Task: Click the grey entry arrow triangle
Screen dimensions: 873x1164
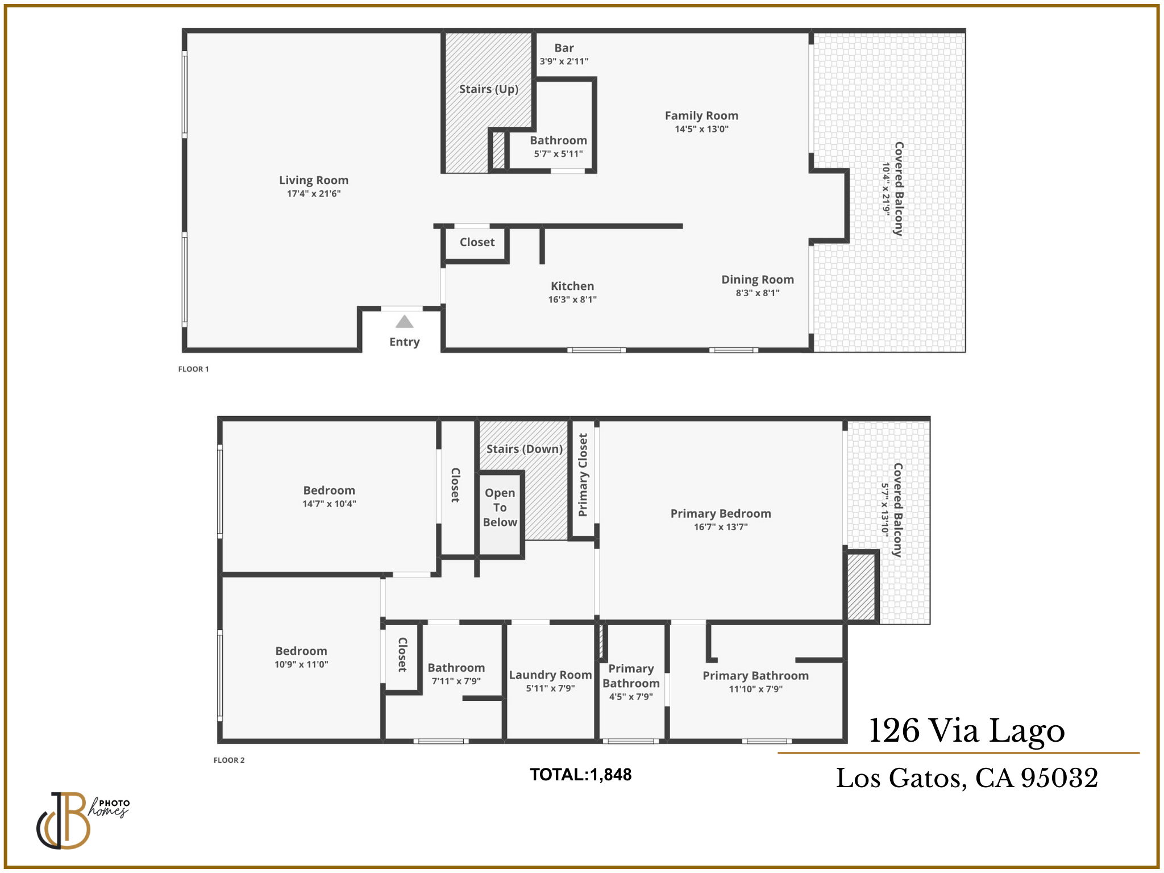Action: (404, 322)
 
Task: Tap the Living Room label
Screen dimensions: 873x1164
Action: (313, 180)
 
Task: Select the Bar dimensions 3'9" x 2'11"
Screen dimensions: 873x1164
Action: (564, 61)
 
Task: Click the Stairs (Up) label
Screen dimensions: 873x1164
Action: (488, 89)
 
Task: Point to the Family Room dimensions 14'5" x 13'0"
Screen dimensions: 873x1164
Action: (701, 129)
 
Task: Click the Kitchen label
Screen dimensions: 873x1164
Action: (572, 286)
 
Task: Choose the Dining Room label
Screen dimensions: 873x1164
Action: (757, 280)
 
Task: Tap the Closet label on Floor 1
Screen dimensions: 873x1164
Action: (477, 242)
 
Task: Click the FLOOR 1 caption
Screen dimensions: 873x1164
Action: (193, 369)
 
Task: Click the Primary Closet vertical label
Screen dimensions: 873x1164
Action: (583, 475)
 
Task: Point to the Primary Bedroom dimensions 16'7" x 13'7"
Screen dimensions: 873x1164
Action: (720, 527)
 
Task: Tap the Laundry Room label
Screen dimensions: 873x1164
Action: (550, 675)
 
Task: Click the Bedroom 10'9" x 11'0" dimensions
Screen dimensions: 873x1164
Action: (301, 664)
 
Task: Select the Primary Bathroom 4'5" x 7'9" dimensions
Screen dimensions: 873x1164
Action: (631, 697)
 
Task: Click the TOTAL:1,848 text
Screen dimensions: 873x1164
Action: (580, 775)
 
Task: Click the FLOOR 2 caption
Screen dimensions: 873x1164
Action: (228, 760)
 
